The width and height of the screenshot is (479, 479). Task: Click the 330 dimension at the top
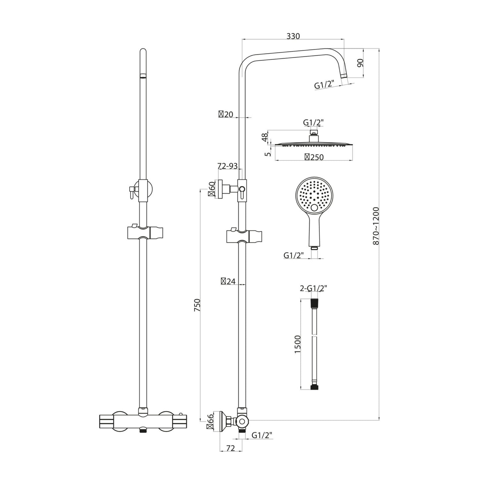(293, 36)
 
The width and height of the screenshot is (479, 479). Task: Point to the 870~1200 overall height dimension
(376, 226)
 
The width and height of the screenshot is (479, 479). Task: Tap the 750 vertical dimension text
(197, 305)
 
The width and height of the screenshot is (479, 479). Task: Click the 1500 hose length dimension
(297, 344)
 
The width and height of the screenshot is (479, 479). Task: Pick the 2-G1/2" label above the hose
(313, 288)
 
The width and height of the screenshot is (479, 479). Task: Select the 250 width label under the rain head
(314, 157)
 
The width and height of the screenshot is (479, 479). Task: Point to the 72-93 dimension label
(227, 166)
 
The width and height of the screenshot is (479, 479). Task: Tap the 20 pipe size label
(226, 115)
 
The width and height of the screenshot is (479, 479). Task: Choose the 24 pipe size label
(228, 281)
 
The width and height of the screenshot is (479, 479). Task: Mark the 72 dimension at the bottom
(230, 448)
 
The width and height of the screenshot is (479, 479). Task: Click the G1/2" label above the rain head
(313, 123)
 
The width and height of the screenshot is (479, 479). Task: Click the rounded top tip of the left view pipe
(143, 51)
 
